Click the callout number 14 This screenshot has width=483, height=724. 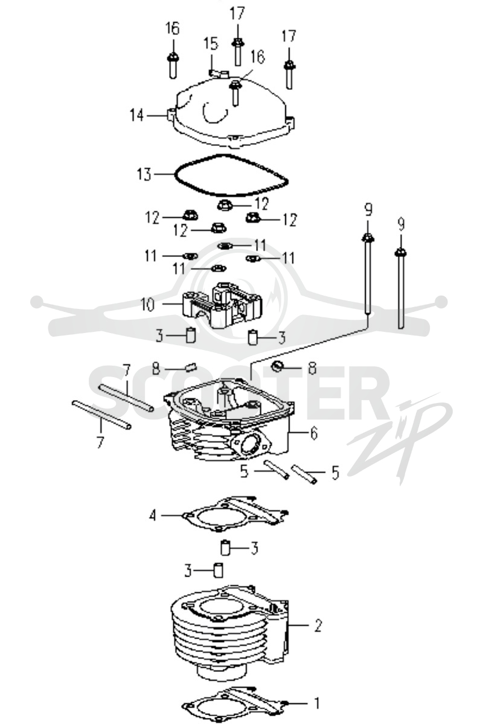[x=137, y=115]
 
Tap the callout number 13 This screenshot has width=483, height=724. [x=144, y=174]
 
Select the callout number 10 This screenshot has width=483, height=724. [x=148, y=305]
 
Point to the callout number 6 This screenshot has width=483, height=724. [x=314, y=433]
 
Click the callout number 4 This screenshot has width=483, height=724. [x=153, y=515]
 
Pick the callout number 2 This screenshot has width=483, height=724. [x=318, y=626]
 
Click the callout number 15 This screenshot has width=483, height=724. [x=211, y=44]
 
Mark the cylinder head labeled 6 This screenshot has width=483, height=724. [x=231, y=420]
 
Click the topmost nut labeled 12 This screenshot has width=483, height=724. [x=225, y=205]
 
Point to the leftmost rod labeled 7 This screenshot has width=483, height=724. [x=101, y=415]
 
